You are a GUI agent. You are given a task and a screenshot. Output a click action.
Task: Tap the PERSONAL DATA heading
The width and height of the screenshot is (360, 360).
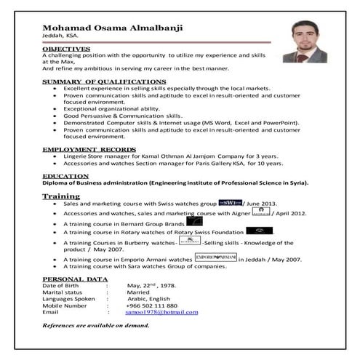[76, 279]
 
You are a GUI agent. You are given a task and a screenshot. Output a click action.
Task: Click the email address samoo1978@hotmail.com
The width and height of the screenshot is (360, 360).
[162, 311]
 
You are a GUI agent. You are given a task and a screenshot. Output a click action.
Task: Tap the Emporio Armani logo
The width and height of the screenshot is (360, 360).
[217, 257]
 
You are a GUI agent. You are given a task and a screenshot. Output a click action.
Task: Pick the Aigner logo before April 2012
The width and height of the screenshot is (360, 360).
[260, 213]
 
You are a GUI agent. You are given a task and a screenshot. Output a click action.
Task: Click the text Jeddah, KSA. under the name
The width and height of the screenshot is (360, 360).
[61, 38]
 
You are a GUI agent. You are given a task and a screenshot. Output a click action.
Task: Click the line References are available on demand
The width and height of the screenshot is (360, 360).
[96, 324]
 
